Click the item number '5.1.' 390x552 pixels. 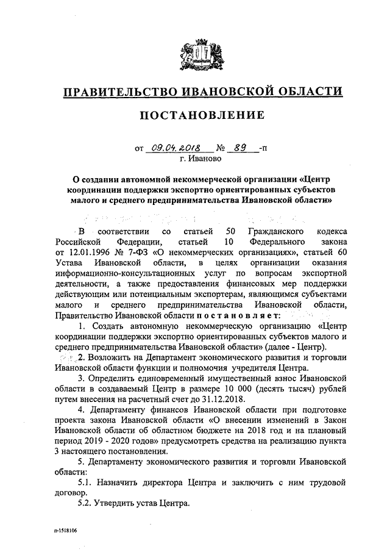tap(89, 482)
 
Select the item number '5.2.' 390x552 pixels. tap(89, 504)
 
